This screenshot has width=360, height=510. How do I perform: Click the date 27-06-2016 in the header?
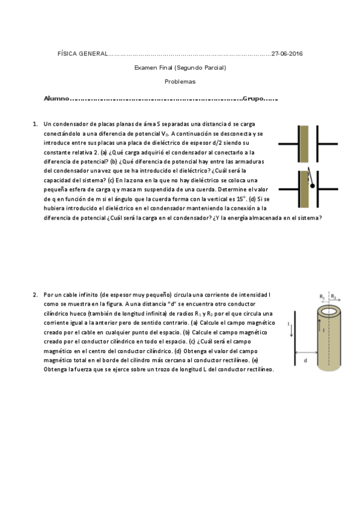287,54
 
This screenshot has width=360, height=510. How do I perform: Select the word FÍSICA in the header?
66,54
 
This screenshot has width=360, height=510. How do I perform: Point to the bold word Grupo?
254,98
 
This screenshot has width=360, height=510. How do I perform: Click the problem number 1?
35,124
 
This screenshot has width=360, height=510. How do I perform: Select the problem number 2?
35,295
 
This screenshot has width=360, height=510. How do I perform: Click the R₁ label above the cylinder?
323,296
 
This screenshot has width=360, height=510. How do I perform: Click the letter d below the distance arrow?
305,360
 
